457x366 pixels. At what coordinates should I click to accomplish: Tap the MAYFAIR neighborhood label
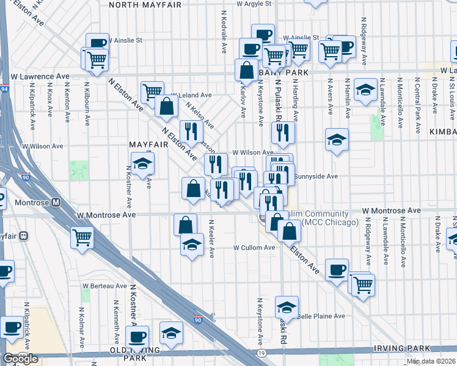147,143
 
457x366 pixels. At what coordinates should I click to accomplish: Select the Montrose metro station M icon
56,202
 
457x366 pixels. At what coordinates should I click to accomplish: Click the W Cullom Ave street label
254,248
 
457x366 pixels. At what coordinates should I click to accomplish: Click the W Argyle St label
253,4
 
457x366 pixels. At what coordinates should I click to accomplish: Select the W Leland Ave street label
191,95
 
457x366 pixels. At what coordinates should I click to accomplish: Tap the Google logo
20,358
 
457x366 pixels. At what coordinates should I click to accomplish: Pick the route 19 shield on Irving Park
261,353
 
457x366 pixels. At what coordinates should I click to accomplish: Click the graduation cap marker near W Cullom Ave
192,244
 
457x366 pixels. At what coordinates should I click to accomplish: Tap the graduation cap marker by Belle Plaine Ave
287,307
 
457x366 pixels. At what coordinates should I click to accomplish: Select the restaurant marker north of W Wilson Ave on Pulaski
283,132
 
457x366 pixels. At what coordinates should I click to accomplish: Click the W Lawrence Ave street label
40,76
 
